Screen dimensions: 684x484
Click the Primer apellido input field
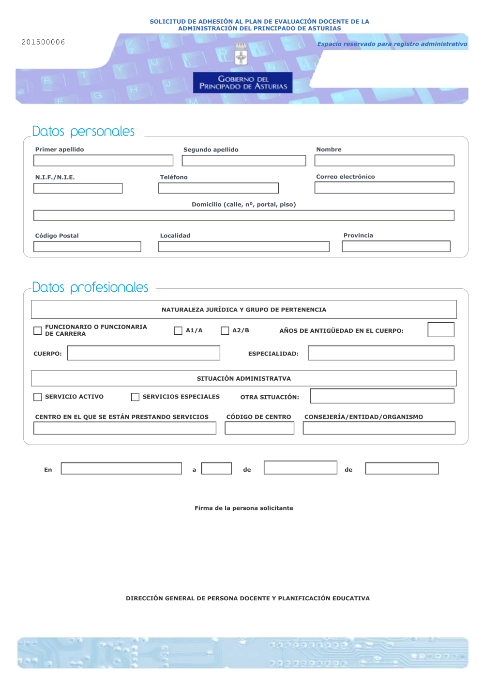103,161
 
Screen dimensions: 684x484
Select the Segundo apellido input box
244,161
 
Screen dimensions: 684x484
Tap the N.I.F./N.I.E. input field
78,188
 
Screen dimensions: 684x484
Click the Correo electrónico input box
384,188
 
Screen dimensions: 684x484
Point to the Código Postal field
87,247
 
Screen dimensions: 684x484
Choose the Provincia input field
396,246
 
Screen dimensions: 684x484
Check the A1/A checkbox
178,331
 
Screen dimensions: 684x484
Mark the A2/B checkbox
225,331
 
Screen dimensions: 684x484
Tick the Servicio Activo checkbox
38,397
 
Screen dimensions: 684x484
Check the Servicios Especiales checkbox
135,397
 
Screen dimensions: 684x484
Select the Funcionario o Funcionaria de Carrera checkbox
38,331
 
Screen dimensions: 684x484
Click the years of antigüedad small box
441,330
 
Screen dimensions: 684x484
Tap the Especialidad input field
381,353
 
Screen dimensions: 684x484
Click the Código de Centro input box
259,428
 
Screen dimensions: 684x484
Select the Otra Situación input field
382,396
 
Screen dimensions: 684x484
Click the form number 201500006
43,42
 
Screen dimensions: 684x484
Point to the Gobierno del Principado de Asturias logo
242,82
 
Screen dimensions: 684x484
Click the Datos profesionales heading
90,287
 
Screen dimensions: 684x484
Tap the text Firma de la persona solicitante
244,508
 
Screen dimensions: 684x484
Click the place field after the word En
121,469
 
